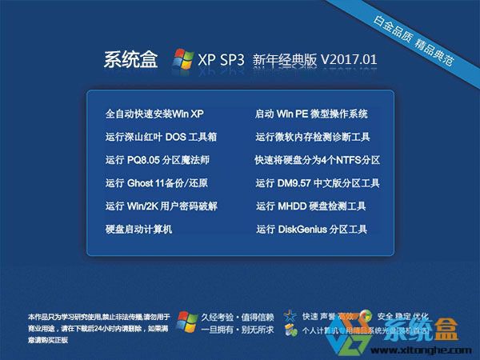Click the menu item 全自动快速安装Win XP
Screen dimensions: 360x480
coord(154,114)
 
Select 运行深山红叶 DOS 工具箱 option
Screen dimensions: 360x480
coord(160,137)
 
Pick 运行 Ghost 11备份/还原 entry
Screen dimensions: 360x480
coord(156,183)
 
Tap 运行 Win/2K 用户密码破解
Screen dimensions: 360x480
coord(161,206)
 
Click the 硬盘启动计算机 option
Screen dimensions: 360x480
coord(139,230)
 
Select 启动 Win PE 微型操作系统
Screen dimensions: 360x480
coord(311,114)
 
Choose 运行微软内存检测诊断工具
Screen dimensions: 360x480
coord(313,137)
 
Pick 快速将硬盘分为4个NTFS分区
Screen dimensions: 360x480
coord(317,160)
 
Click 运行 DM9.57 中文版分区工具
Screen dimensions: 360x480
coord(318,183)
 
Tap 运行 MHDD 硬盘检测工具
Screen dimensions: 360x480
coord(311,206)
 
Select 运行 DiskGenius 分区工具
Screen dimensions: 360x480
coord(311,230)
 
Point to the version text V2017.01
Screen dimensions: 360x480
coord(349,60)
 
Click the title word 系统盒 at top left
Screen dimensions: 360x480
coord(131,61)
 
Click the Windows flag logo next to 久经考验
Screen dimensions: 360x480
coord(187,321)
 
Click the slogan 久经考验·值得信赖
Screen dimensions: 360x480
coord(238,315)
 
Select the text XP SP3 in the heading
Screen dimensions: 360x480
coord(222,61)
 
